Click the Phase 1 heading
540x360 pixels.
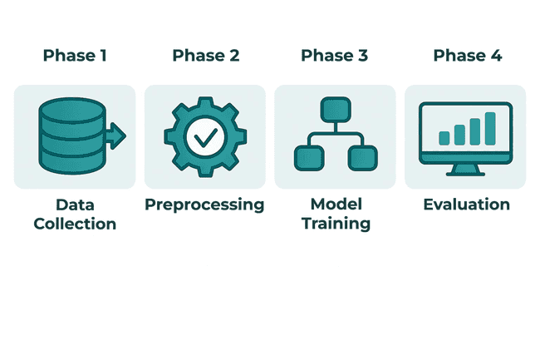75,56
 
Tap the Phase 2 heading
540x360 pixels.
205,56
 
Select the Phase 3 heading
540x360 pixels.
335,56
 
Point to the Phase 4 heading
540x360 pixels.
466,56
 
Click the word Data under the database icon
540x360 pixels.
75,205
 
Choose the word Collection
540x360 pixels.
75,223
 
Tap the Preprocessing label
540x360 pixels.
205,205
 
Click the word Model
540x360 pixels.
335,205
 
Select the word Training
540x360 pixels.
335,223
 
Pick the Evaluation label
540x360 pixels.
466,205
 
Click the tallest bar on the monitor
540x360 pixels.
490,127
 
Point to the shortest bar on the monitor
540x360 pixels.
444,138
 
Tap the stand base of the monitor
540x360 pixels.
466,173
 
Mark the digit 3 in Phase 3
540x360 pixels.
362,56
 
